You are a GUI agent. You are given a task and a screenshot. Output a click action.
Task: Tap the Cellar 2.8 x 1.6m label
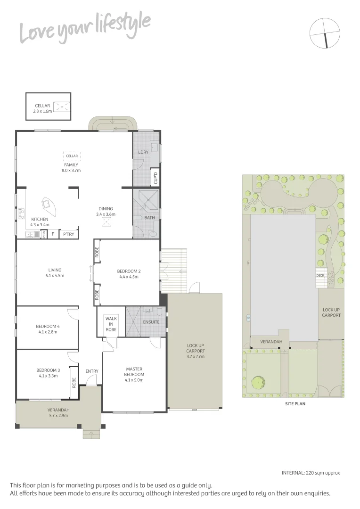41,109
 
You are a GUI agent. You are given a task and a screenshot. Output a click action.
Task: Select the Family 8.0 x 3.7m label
71,167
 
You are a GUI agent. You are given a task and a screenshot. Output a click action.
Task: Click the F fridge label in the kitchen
53,234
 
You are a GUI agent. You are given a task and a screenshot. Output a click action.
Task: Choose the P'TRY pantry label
69,234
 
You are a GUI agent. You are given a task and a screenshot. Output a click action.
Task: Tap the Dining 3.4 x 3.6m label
106,212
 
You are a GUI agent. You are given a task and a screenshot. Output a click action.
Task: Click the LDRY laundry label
143,152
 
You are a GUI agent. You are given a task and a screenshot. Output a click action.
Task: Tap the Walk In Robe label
111,324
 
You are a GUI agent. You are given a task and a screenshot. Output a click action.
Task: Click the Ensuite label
152,322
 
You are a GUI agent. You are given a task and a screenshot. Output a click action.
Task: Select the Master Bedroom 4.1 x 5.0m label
134,374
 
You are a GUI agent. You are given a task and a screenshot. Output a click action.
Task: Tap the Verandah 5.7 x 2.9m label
58,413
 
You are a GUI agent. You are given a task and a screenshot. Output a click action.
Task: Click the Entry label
92,371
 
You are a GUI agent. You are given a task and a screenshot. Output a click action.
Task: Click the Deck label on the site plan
320,275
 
